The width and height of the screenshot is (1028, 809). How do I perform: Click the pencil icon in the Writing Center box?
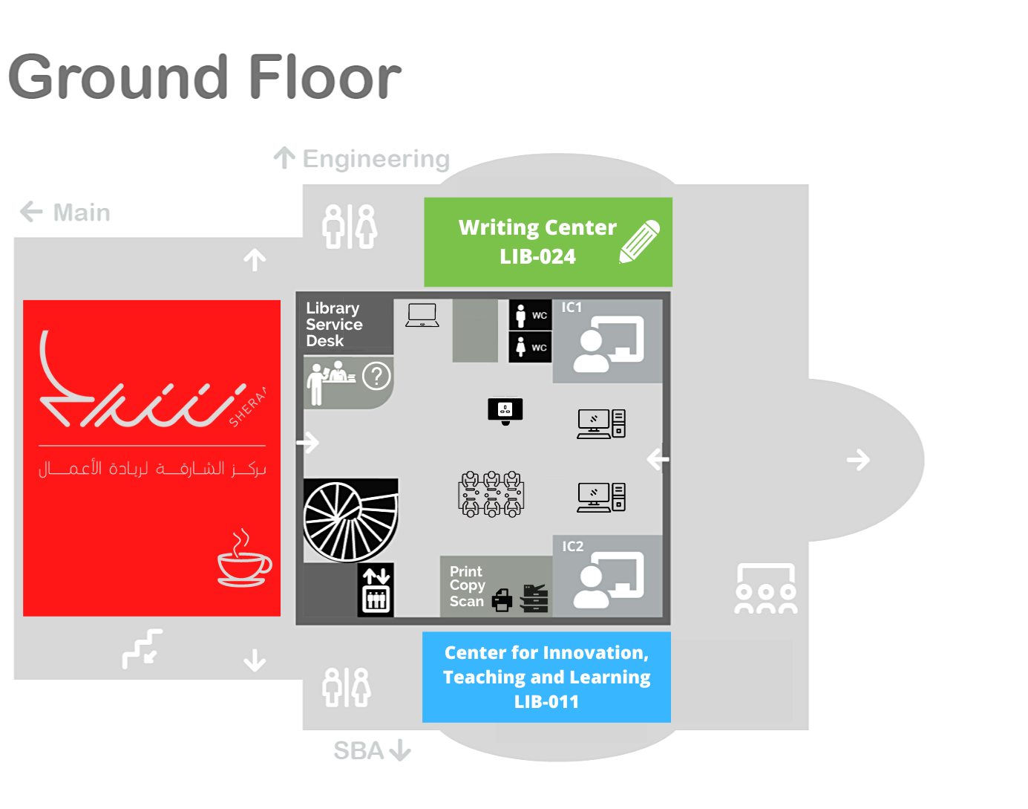(x=640, y=241)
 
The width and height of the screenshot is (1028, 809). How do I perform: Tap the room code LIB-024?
(x=537, y=256)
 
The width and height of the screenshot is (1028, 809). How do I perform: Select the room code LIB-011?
(x=546, y=701)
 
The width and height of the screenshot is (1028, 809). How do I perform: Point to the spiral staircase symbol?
(x=350, y=520)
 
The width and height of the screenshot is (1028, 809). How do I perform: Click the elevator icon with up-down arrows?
(x=376, y=590)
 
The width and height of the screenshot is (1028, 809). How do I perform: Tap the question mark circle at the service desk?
(x=376, y=376)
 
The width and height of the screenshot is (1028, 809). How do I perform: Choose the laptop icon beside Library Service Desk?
(x=422, y=315)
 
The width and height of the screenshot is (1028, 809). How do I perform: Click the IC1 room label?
(x=572, y=308)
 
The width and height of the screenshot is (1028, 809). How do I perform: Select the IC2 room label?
(x=572, y=546)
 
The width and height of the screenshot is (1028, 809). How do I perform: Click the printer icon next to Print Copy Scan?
(x=502, y=599)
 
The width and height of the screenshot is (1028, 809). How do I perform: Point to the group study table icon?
(x=491, y=493)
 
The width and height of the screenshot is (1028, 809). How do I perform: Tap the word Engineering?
(x=376, y=159)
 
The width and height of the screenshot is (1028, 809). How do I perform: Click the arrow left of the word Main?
(x=31, y=212)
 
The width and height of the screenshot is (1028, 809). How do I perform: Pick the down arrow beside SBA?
(x=400, y=750)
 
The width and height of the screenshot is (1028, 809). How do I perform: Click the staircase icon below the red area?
(x=143, y=648)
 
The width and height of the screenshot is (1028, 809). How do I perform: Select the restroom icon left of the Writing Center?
(x=350, y=227)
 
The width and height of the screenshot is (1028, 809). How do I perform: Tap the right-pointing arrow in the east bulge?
(x=858, y=460)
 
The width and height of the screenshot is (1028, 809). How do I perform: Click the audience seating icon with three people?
(x=765, y=589)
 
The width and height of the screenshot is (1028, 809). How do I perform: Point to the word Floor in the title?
(x=324, y=77)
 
